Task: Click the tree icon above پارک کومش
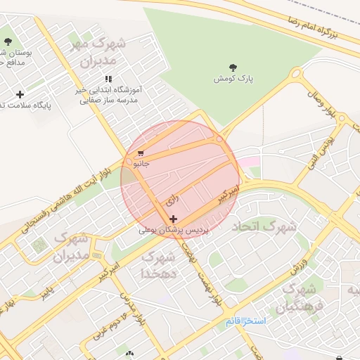point(233,67)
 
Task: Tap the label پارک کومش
point(234,79)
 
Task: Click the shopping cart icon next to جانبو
point(141,153)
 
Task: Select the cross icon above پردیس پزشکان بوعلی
point(173,219)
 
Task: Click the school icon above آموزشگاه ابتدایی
point(108,79)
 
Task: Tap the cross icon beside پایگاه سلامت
point(20,94)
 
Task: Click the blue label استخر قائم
point(246,321)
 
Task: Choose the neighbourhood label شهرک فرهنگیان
point(300,299)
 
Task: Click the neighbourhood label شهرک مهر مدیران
point(98,52)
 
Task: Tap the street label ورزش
point(299,266)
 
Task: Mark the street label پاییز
point(46,289)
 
